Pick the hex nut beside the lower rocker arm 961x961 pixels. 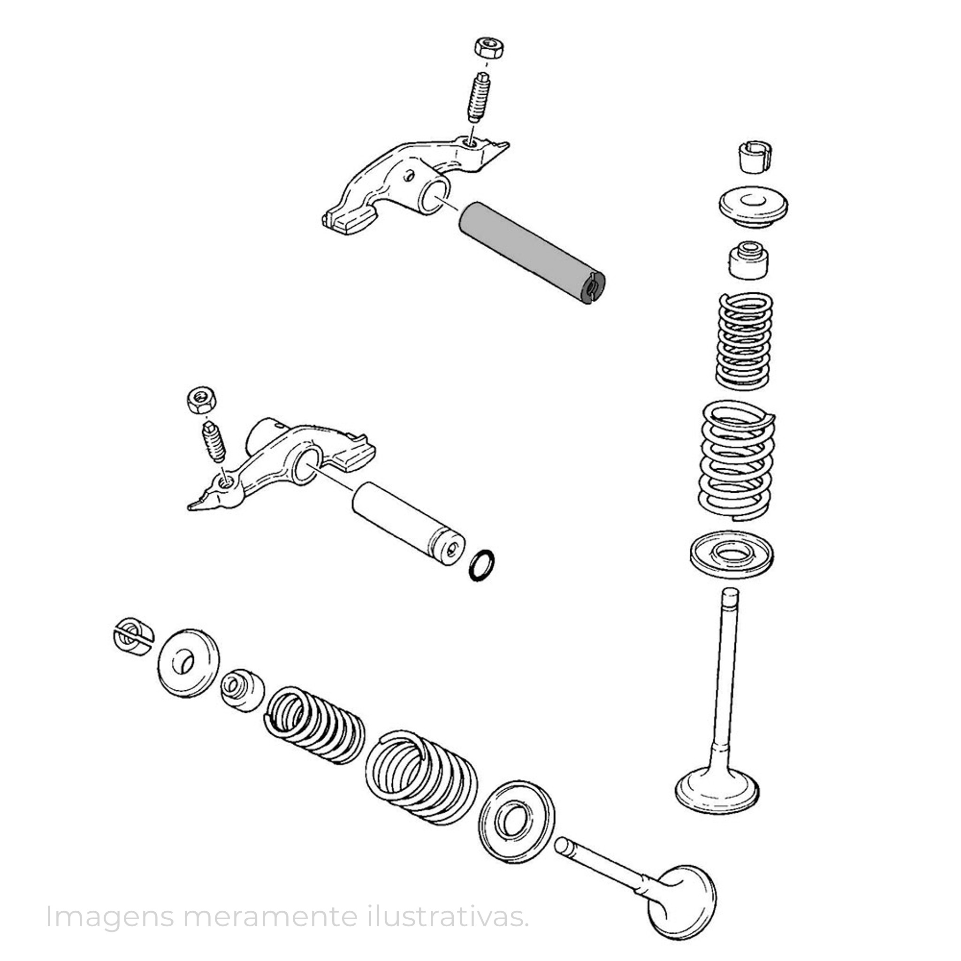point(201,399)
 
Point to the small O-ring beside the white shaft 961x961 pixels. point(481,565)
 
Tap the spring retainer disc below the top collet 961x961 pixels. point(754,206)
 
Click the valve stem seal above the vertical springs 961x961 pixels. point(748,260)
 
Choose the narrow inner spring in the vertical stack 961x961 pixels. point(744,341)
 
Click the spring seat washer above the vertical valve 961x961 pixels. point(732,555)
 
